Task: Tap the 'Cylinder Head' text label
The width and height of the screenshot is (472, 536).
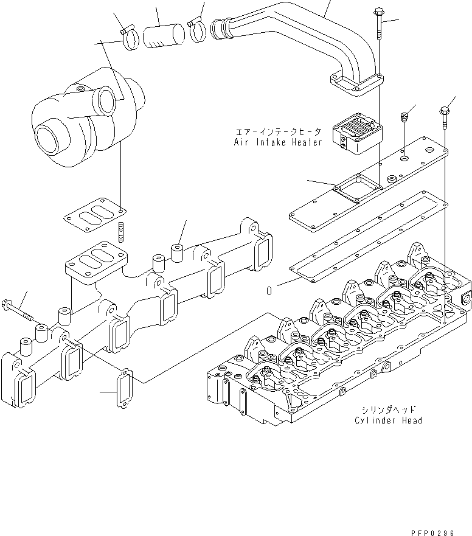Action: (389, 420)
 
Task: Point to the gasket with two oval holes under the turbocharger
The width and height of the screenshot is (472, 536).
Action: (95, 217)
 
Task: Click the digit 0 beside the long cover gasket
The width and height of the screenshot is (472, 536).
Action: (268, 290)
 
